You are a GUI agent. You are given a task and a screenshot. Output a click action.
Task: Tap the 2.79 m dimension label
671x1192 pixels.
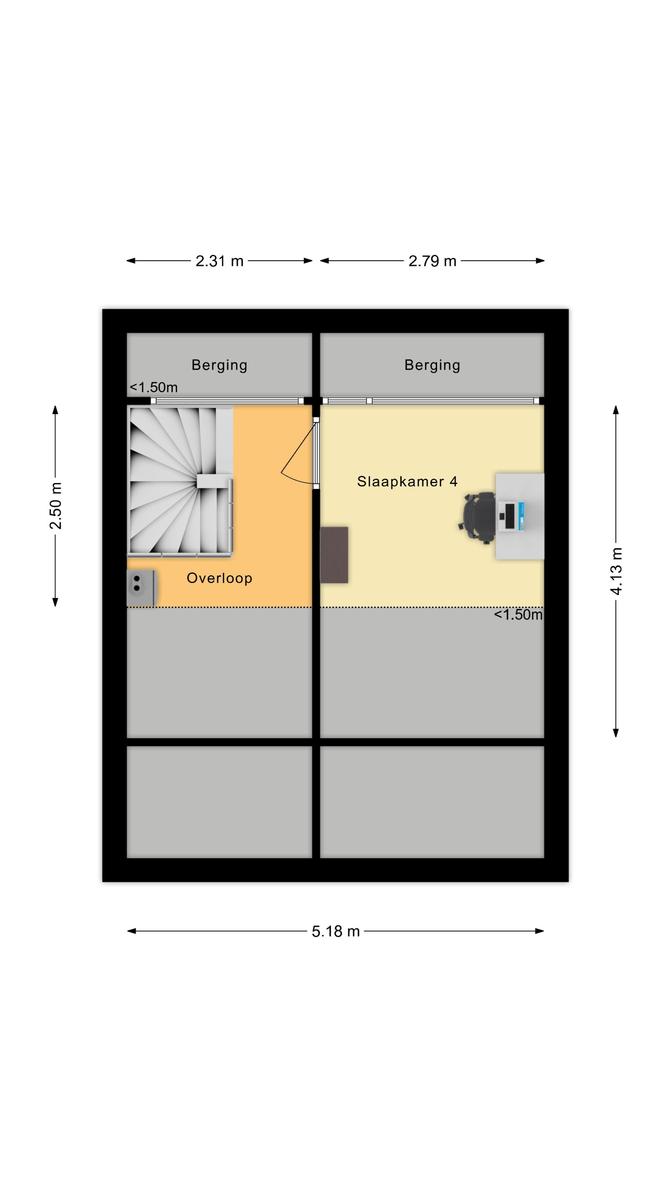432,261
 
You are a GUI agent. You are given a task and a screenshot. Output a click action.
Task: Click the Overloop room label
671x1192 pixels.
220,578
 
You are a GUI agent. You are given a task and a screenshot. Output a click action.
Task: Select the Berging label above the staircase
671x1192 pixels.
220,365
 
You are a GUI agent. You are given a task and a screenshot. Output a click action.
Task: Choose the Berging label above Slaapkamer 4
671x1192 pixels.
432,365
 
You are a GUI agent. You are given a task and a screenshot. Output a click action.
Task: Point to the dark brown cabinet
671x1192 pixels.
334,554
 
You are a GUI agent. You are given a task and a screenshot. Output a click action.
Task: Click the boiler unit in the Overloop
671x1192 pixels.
142,588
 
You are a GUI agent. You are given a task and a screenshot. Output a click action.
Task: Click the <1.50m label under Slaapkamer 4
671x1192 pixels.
518,615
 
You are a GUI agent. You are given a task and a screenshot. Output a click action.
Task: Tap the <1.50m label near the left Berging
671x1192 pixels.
153,387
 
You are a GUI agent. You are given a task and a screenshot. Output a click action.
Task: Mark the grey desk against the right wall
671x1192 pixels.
520,516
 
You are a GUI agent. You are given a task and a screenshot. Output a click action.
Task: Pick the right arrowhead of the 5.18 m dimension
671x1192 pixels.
540,931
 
